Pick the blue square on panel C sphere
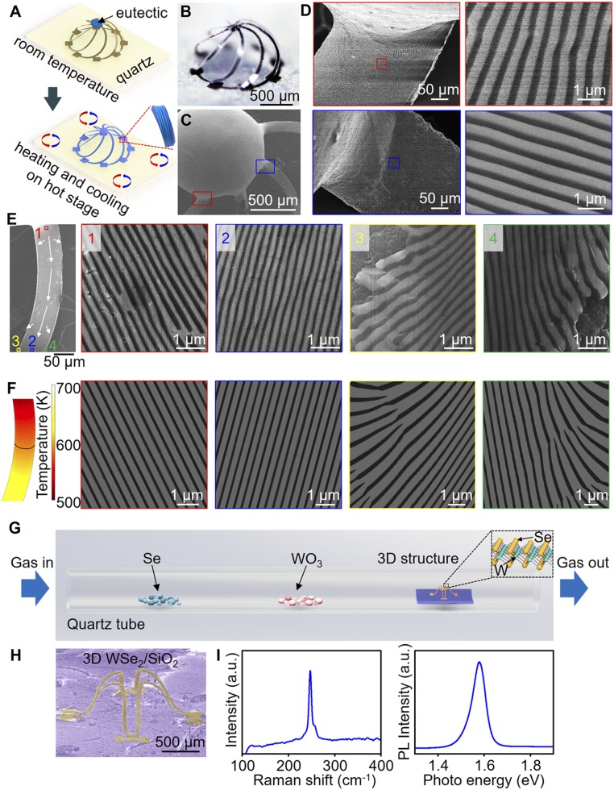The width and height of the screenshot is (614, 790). (264, 166)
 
